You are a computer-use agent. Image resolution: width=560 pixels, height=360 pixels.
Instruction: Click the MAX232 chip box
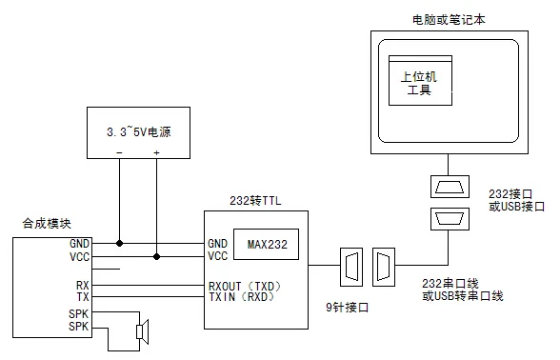(265, 244)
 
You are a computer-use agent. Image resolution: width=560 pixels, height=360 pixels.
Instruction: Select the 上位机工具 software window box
(420, 83)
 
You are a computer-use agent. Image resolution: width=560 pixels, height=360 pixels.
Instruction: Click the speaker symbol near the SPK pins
(142, 330)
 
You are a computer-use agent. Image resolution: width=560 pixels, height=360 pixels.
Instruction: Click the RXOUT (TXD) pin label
(245, 285)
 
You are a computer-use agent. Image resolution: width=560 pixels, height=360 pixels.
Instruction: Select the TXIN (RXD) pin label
(245, 297)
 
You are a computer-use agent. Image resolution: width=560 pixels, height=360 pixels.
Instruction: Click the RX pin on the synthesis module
(82, 285)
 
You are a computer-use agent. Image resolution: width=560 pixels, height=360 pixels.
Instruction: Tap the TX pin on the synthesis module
(82, 297)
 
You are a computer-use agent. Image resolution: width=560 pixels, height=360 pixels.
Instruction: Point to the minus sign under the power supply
(120, 153)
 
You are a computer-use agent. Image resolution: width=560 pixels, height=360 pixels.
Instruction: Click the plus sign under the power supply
(157, 153)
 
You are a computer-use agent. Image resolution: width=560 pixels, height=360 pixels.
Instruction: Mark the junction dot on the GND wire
(120, 243)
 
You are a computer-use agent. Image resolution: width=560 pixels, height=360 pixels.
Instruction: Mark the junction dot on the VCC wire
(157, 255)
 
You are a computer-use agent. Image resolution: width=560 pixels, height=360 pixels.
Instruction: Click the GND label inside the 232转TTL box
(218, 243)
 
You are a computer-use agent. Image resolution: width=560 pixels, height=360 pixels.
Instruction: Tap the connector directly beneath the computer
(447, 186)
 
